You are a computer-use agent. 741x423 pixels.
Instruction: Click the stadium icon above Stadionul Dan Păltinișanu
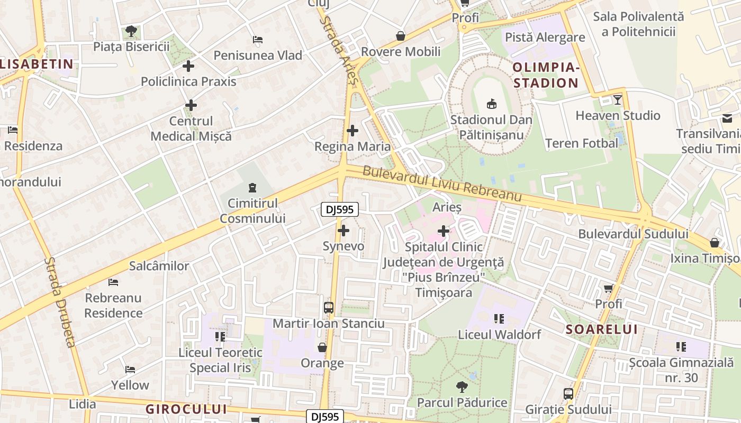pos(491,103)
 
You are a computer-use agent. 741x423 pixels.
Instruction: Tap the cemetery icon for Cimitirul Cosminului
pos(252,187)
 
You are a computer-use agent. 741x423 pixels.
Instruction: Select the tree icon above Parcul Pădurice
pos(462,387)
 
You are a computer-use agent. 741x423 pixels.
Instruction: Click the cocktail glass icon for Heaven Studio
pos(617,100)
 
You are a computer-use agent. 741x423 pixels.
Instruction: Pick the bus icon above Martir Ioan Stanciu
pos(329,308)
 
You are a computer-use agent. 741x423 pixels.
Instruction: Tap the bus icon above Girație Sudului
pos(568,394)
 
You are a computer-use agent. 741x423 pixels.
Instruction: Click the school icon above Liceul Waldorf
pos(499,319)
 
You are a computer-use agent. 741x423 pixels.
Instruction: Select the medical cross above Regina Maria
pos(353,131)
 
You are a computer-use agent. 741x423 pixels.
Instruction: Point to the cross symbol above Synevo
pos(344,231)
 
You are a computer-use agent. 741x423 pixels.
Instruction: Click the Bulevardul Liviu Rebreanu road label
pos(442,185)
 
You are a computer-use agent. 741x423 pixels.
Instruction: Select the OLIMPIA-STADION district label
pos(546,75)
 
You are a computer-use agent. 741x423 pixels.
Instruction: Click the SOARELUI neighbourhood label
pos(602,329)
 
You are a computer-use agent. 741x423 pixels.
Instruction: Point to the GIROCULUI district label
pos(186,409)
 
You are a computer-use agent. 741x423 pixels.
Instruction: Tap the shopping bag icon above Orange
pos(322,347)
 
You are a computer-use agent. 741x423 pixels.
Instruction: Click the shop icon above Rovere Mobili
pos(401,36)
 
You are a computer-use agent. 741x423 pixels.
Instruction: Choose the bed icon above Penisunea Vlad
pos(258,40)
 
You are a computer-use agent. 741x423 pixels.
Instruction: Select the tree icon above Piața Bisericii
pos(131,31)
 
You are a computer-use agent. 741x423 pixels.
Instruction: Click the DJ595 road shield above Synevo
pos(340,210)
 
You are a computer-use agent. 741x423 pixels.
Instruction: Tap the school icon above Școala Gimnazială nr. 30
pos(681,347)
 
